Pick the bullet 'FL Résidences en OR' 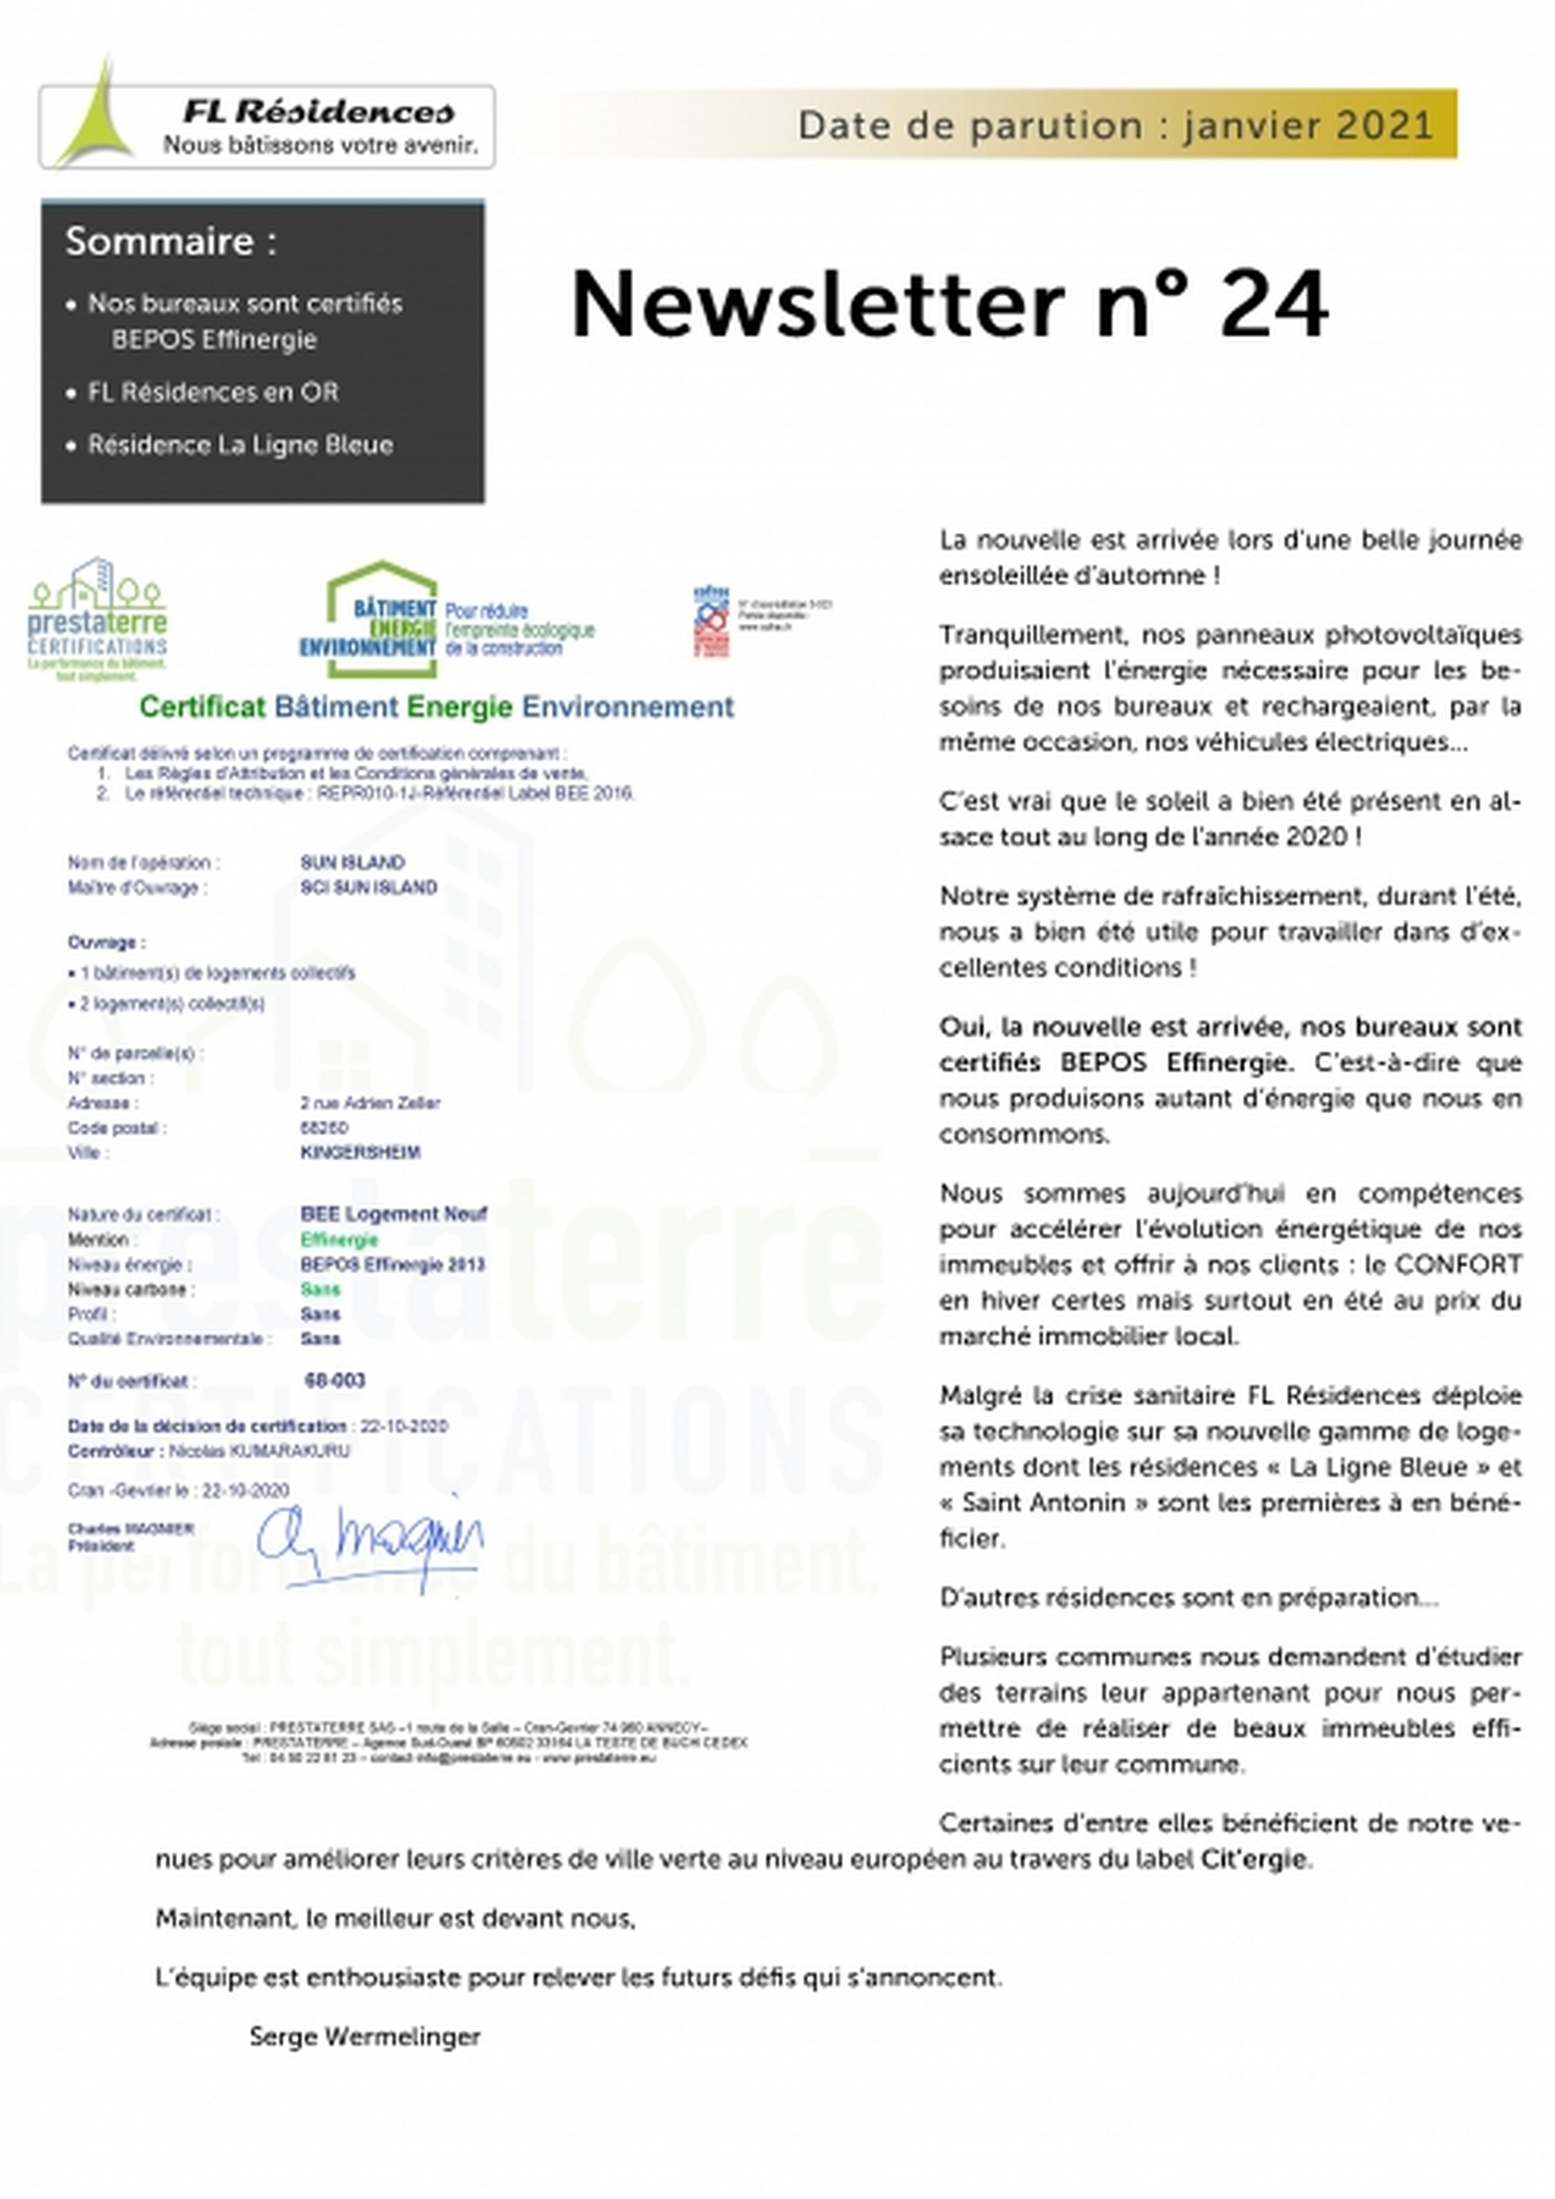pyautogui.click(x=213, y=392)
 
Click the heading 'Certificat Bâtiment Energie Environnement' pyautogui.click(x=436, y=707)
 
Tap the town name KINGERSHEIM pyautogui.click(x=360, y=1152)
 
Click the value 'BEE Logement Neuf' pyautogui.click(x=394, y=1214)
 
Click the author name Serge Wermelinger pyautogui.click(x=365, y=2036)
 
